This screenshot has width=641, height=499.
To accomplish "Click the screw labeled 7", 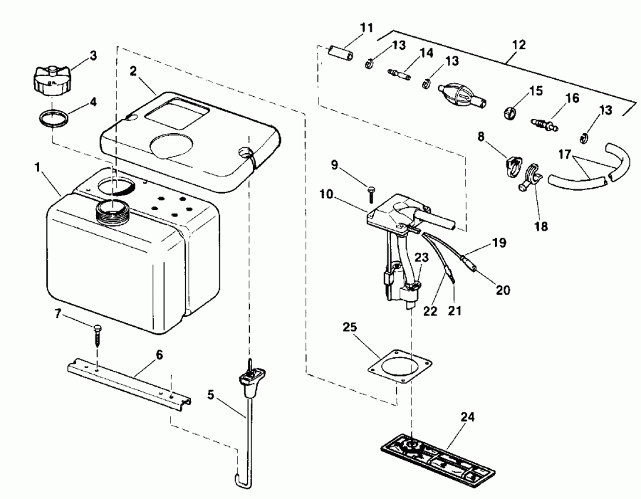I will coord(98,334).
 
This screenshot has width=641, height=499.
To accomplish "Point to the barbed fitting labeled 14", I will coord(397,73).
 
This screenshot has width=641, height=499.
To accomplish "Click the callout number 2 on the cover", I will coord(133,70).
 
